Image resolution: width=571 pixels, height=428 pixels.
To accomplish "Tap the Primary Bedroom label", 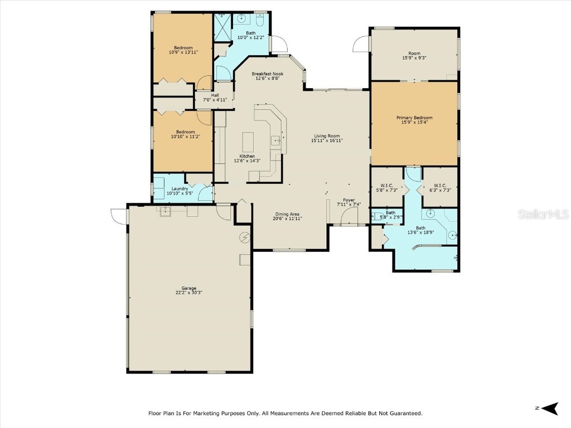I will (414, 118).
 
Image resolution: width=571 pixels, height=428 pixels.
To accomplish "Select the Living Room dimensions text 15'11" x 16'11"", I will (327, 141).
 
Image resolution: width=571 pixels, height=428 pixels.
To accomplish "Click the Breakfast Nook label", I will (267, 74).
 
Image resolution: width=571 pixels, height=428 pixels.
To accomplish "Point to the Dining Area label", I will (287, 214).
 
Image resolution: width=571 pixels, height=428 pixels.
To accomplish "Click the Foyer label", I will (349, 200).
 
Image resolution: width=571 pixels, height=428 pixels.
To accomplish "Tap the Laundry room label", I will (180, 189).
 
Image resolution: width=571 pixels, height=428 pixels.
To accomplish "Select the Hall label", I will (215, 95).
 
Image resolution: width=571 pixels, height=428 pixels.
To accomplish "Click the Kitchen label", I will (247, 156).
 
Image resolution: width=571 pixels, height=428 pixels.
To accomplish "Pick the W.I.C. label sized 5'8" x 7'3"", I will (387, 186).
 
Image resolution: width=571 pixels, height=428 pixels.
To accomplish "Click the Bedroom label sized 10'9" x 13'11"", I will (183, 48).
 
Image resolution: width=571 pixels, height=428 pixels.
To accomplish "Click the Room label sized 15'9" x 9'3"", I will (414, 53).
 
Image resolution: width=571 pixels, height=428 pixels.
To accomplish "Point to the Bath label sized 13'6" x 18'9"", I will (420, 227).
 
